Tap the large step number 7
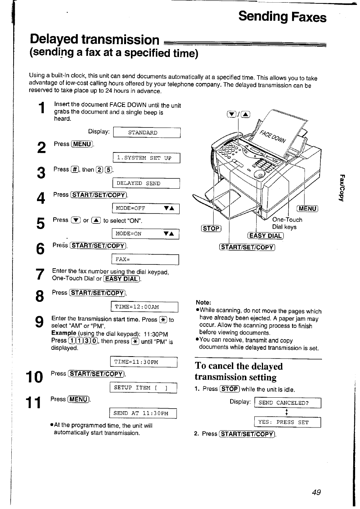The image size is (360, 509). [x=40, y=275]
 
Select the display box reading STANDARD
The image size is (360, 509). [x=147, y=133]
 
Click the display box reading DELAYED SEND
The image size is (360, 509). [x=146, y=183]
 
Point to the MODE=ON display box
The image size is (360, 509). [x=145, y=234]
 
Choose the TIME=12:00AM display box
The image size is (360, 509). [x=144, y=307]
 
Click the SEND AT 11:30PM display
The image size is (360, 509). [x=143, y=413]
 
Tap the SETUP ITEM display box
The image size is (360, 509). [x=143, y=388]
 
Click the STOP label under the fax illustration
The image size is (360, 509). [x=211, y=228]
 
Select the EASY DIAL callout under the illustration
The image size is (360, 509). [x=265, y=236]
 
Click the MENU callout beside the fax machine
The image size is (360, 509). [x=308, y=208]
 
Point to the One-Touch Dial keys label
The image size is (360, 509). [x=286, y=223]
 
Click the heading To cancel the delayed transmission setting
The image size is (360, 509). [x=238, y=371]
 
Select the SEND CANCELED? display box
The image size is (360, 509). [x=288, y=403]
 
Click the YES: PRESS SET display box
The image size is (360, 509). [x=288, y=422]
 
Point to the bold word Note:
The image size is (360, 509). [x=203, y=302]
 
